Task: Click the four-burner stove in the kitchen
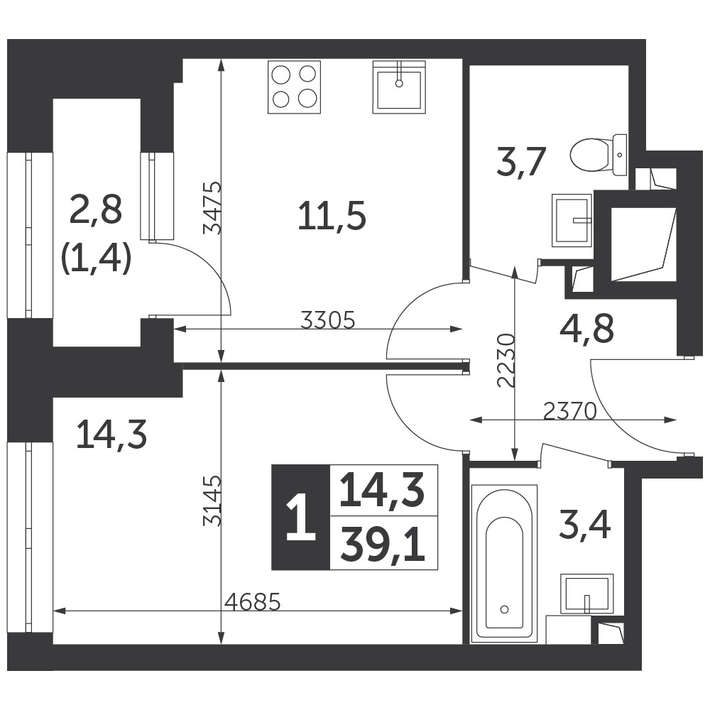click(x=295, y=87)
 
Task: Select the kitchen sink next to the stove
click(x=399, y=87)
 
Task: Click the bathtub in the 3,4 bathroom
click(x=504, y=563)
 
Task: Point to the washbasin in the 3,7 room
click(x=572, y=221)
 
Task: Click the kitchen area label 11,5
click(x=332, y=216)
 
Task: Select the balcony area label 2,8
click(x=96, y=211)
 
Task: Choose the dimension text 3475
click(x=212, y=207)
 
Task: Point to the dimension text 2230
click(x=506, y=361)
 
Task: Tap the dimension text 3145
click(x=212, y=500)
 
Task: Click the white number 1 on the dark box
click(x=300, y=517)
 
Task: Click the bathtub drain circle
click(x=505, y=609)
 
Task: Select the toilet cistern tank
click(x=620, y=155)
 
